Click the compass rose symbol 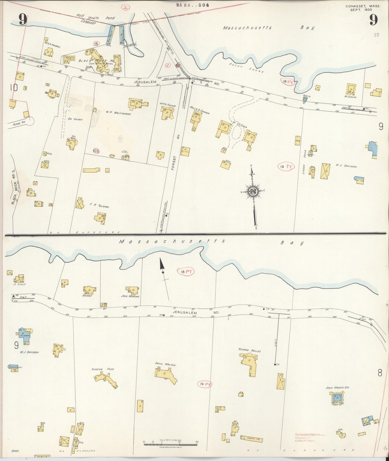click(x=253, y=191)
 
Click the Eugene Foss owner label click(x=103, y=369)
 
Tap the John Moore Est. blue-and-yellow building click(x=337, y=398)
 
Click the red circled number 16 click(x=96, y=43)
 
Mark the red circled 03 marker click(x=96, y=151)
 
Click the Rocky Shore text click(x=246, y=68)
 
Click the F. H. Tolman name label click(x=99, y=207)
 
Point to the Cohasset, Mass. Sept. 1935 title click(x=363, y=8)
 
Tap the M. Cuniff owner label click(x=350, y=97)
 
